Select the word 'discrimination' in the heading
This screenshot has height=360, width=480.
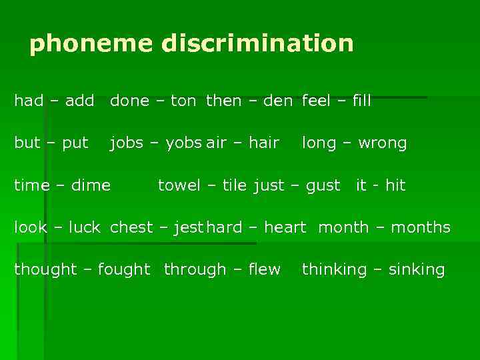(x=257, y=44)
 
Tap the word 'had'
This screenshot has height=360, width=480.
(x=29, y=101)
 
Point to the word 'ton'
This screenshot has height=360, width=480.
(x=183, y=101)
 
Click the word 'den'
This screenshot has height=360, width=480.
(x=278, y=101)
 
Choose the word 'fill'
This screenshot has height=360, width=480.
(x=361, y=101)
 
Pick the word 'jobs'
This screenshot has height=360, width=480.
(x=126, y=143)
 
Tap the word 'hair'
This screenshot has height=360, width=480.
(x=263, y=143)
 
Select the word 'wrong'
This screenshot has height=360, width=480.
(x=382, y=143)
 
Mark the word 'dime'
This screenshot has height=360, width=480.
(x=91, y=185)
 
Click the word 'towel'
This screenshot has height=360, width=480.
(x=179, y=185)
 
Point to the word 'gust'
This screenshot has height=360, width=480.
(x=323, y=185)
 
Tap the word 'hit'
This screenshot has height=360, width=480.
(x=395, y=185)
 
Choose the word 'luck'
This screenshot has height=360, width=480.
(x=84, y=227)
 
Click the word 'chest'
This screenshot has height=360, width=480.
(x=131, y=227)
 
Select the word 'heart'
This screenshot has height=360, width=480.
(x=285, y=227)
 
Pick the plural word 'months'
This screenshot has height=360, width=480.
(x=421, y=227)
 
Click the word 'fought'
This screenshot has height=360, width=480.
(x=124, y=270)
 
